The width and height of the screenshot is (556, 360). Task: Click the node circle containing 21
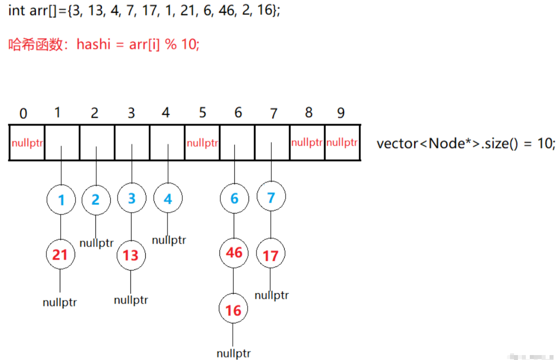[60, 255]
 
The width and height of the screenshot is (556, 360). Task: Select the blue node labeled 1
[61, 200]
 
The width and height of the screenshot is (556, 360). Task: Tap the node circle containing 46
[234, 253]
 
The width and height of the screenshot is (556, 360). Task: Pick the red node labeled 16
[233, 310]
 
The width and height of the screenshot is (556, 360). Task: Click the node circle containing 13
[130, 256]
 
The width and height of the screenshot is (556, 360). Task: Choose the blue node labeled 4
[168, 199]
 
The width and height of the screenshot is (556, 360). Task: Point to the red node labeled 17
[270, 256]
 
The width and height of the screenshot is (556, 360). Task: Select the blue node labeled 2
[95, 200]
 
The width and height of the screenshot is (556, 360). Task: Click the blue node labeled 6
[234, 199]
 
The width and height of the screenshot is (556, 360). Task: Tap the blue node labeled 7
[271, 198]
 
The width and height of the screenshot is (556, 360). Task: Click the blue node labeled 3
[131, 199]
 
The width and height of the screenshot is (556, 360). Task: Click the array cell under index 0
[27, 143]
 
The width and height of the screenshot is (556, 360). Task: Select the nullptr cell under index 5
[202, 143]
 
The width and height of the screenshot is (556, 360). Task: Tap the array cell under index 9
[342, 143]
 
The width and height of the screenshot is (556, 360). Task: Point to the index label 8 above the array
[309, 113]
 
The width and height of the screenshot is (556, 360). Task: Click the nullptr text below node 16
[233, 354]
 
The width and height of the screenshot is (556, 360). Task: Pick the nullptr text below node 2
[96, 243]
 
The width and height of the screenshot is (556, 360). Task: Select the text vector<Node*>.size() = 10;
[466, 144]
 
